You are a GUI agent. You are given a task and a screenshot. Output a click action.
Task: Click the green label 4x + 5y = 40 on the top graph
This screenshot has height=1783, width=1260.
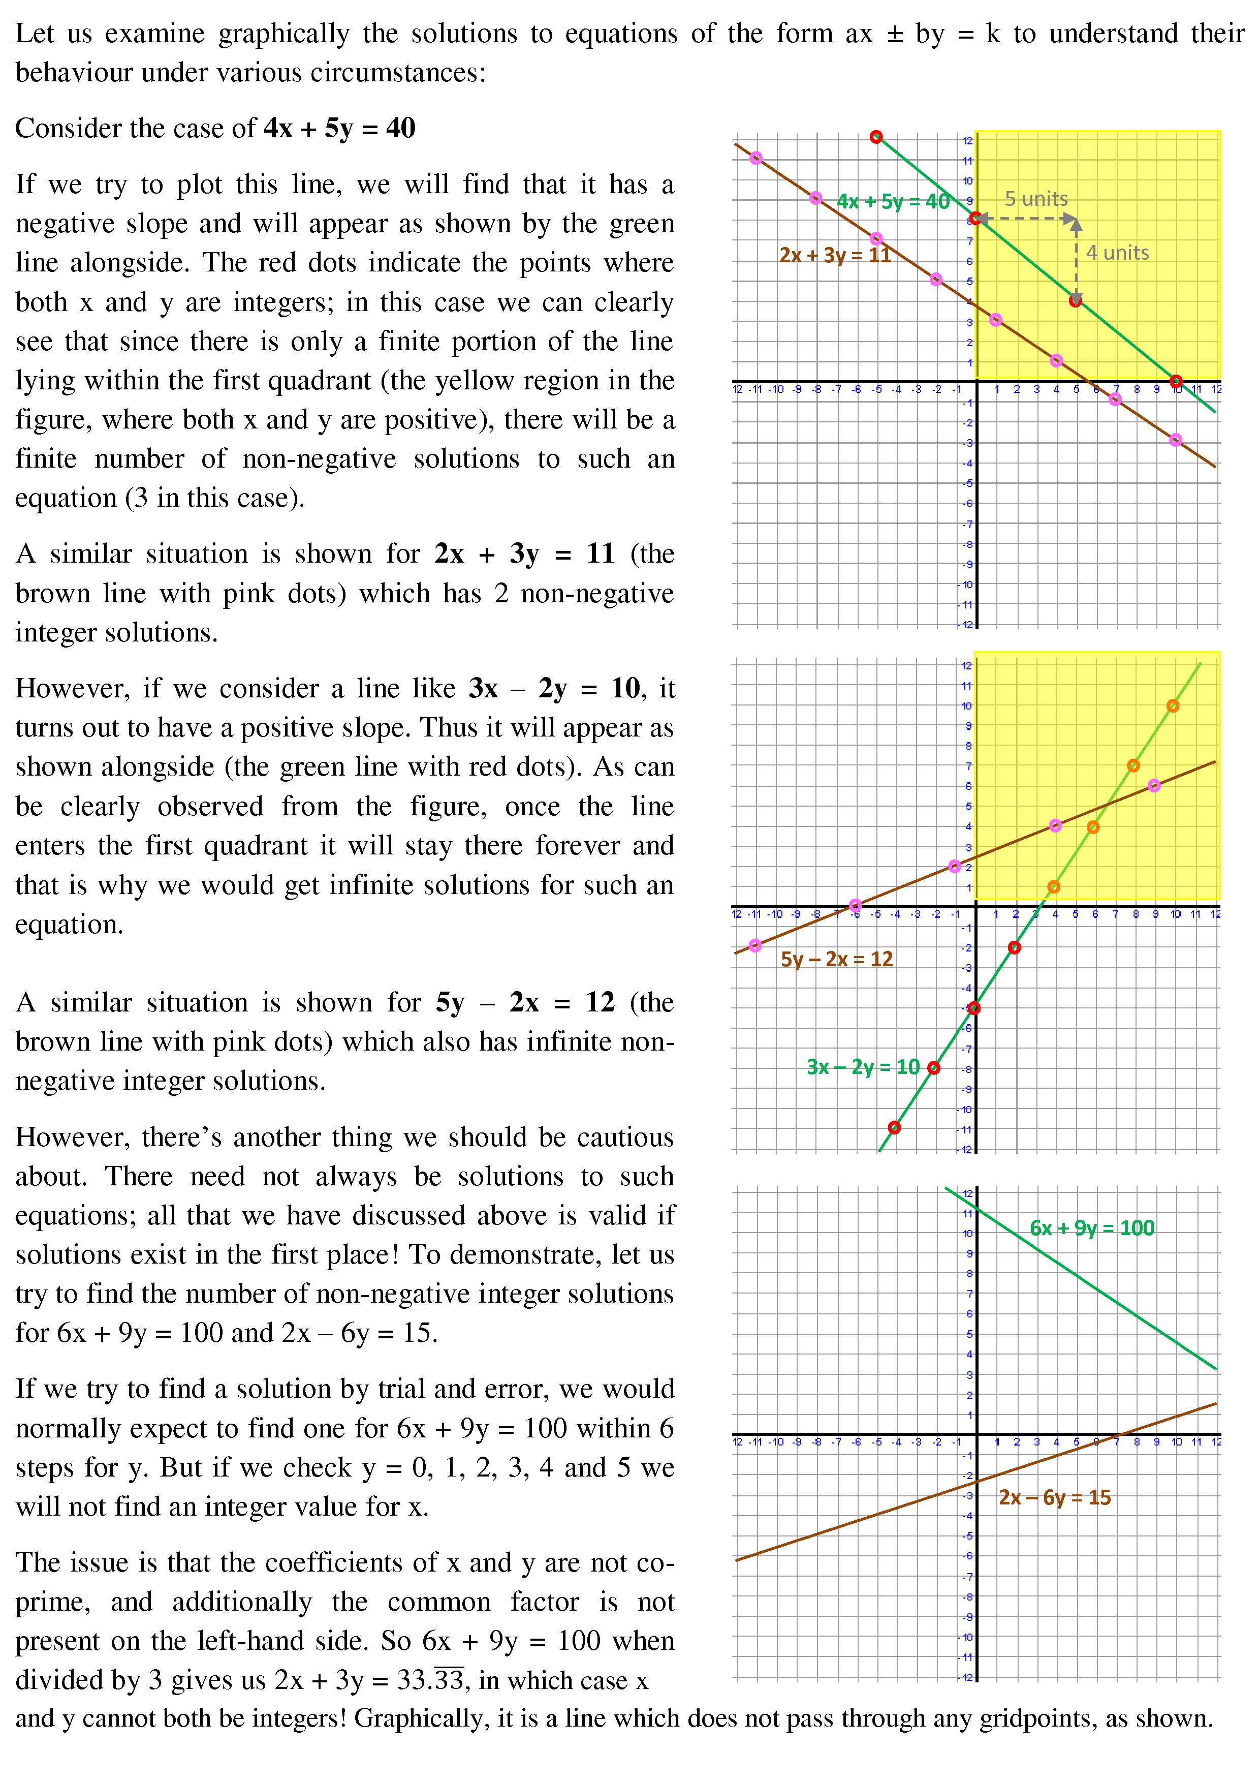point(893,202)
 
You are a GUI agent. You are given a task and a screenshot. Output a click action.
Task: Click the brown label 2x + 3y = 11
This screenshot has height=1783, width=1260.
point(835,255)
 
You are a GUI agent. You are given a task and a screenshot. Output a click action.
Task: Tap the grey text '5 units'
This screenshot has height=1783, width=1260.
point(1035,199)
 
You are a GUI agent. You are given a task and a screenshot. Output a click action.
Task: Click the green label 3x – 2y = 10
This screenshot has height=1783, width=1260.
point(863,1066)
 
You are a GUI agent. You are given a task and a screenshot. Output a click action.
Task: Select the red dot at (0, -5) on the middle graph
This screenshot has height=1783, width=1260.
point(974,1008)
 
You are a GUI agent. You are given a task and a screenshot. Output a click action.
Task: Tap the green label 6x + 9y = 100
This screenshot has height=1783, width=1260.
point(1091,1228)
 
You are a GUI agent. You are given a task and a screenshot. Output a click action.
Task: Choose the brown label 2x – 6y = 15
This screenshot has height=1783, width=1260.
point(1054,1497)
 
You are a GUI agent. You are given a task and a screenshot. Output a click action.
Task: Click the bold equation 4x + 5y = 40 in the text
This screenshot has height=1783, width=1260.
point(339,128)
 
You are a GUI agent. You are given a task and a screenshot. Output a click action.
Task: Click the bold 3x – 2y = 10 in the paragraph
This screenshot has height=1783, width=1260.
point(554,688)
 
